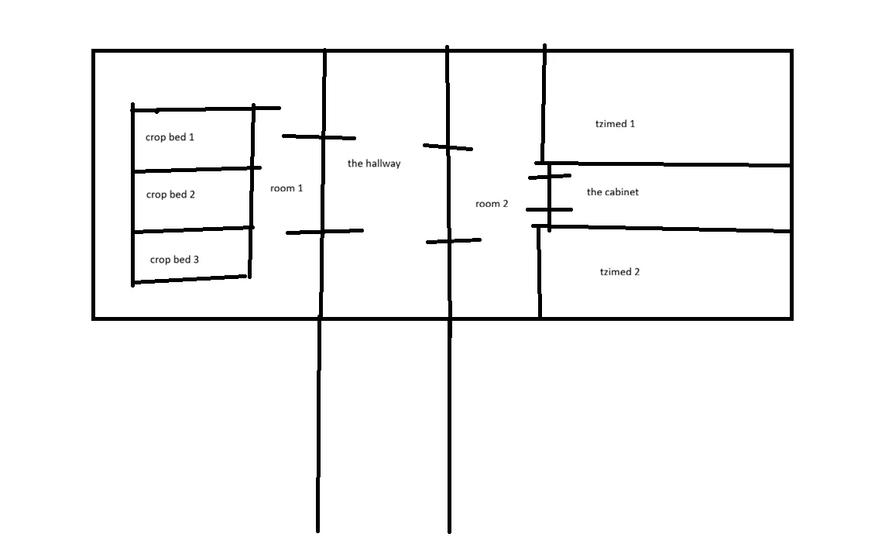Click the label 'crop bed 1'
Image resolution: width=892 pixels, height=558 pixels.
[x=170, y=137]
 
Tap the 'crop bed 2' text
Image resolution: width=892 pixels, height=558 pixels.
[x=170, y=195]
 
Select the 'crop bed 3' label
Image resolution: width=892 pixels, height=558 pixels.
[x=174, y=260]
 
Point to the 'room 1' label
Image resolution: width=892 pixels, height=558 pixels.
[x=286, y=188]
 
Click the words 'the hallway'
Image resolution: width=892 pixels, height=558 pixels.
[x=374, y=164]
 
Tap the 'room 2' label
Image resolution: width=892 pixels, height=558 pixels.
[x=492, y=204]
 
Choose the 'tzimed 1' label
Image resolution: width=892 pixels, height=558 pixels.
[x=616, y=124]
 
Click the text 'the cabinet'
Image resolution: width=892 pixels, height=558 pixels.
[x=612, y=192]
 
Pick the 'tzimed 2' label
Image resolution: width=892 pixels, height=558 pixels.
[x=619, y=272]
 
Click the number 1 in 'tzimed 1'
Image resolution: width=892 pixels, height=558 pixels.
[x=633, y=124]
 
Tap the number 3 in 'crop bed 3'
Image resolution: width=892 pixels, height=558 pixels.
[x=196, y=260]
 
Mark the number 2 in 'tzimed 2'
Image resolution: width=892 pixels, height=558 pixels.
[x=636, y=272]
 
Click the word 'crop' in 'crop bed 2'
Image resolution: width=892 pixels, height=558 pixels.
[x=156, y=195]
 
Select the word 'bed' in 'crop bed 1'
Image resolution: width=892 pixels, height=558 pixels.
[x=177, y=137]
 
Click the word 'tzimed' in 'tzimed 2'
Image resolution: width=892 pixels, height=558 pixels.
[x=615, y=272]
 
